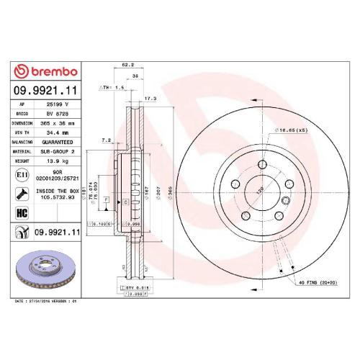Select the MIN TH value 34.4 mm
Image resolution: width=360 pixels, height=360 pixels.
[x=55, y=132]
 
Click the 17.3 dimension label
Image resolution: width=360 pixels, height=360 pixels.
[x=150, y=97]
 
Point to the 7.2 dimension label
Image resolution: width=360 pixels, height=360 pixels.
[x=106, y=140]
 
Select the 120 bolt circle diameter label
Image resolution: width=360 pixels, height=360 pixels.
[x=252, y=193]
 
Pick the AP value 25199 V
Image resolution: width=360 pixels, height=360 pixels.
[x=55, y=104]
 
